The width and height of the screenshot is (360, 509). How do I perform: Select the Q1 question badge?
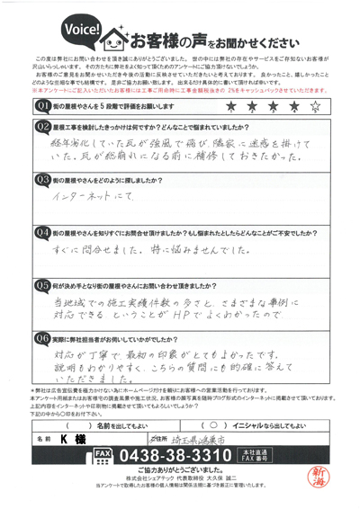pos(42,106)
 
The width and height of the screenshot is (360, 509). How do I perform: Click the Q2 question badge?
pos(42,126)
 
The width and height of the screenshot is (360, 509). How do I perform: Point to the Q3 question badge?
pos(42,179)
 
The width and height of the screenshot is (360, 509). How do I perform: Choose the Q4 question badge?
pos(42,231)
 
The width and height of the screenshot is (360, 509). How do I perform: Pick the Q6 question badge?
pos(42,338)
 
